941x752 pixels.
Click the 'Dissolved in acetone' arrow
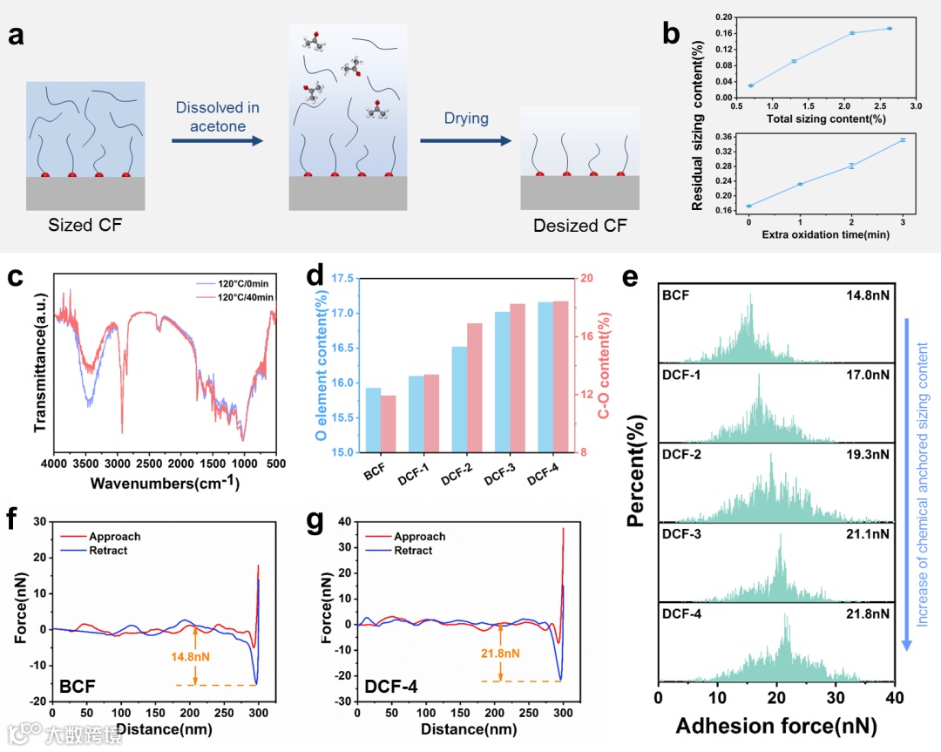216,139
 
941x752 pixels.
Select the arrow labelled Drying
465,139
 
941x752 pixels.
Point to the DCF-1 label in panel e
681,375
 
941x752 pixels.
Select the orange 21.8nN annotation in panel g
500,654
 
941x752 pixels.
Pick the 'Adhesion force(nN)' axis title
776,726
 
